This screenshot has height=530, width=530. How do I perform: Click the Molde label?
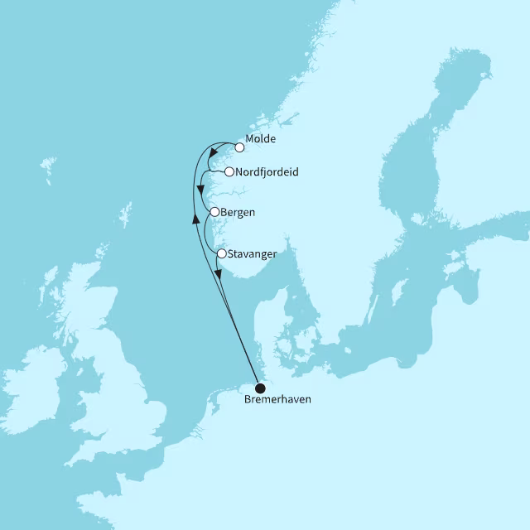click(261, 139)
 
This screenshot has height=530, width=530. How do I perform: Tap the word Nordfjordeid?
click(267, 172)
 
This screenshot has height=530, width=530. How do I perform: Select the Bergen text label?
click(238, 212)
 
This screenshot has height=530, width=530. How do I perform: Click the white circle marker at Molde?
click(239, 148)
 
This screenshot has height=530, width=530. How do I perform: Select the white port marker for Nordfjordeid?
click(229, 172)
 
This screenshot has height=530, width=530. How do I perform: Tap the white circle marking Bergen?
click(214, 212)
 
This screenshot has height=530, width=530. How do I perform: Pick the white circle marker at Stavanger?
click(221, 253)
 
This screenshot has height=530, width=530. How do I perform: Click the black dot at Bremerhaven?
click(260, 388)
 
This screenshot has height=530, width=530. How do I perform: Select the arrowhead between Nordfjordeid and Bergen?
click(201, 191)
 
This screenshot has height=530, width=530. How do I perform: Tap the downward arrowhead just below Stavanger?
click(218, 274)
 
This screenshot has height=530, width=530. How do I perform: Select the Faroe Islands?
click(49, 171)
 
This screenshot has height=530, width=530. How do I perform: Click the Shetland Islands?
click(125, 216)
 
